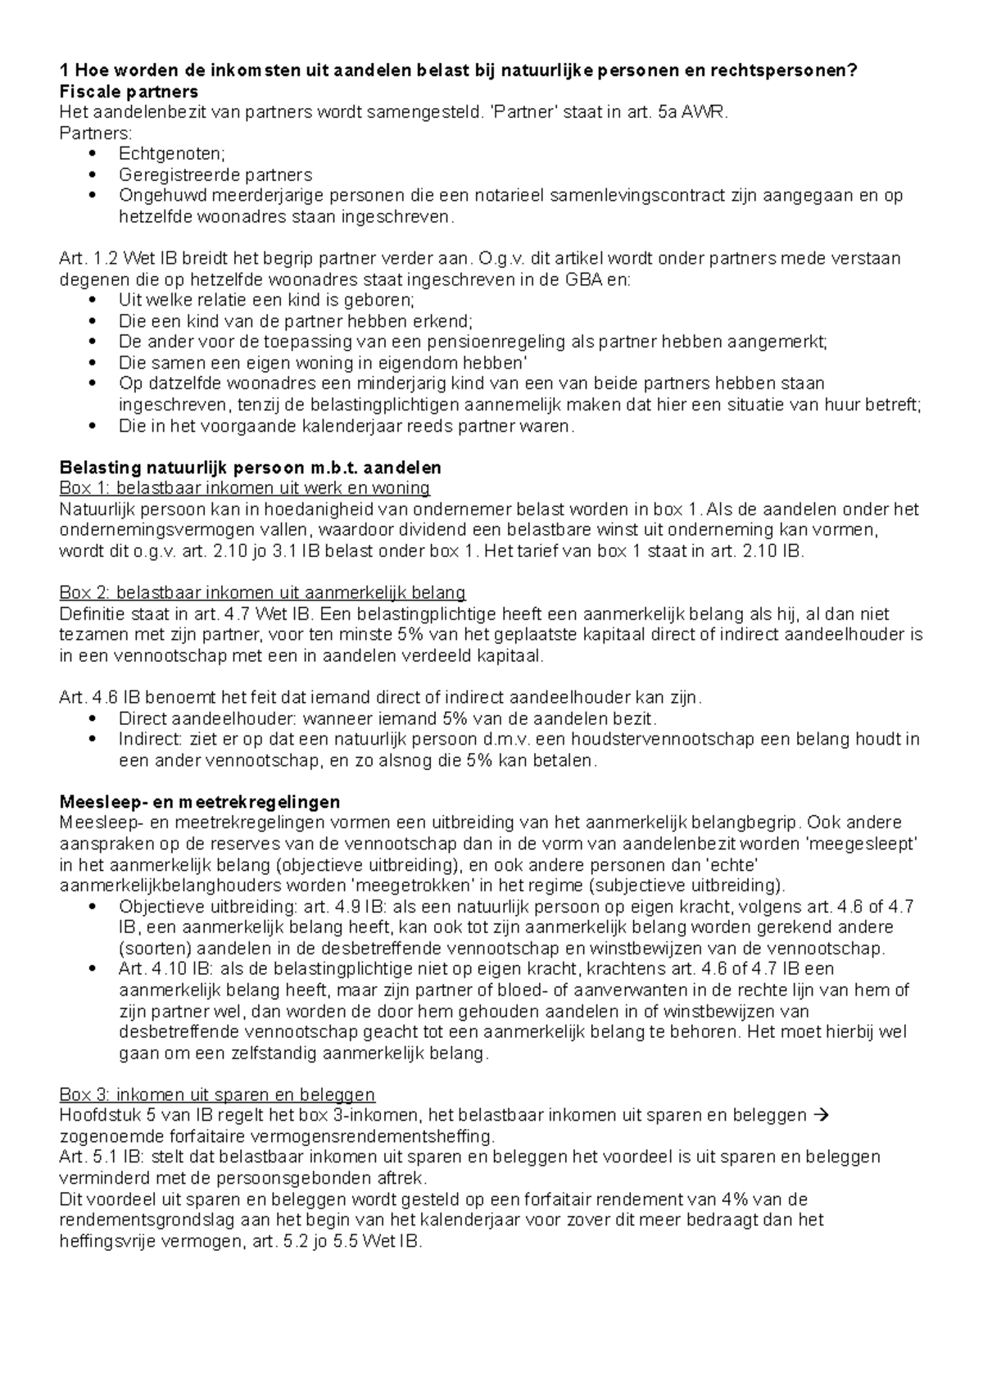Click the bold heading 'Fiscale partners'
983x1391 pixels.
pyautogui.click(x=129, y=91)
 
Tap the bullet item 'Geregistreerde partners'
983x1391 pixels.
pyautogui.click(x=215, y=174)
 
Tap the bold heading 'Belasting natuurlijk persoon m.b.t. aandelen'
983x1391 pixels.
pyautogui.click(x=251, y=468)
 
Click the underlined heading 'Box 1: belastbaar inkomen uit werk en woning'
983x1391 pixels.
pyautogui.click(x=245, y=488)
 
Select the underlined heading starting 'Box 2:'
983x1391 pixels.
pyautogui.click(x=262, y=593)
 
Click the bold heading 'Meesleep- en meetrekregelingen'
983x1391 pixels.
pyautogui.click(x=200, y=801)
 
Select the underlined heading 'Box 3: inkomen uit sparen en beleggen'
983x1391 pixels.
pyautogui.click(x=217, y=1095)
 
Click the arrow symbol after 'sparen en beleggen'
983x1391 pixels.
pyautogui.click(x=824, y=1116)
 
